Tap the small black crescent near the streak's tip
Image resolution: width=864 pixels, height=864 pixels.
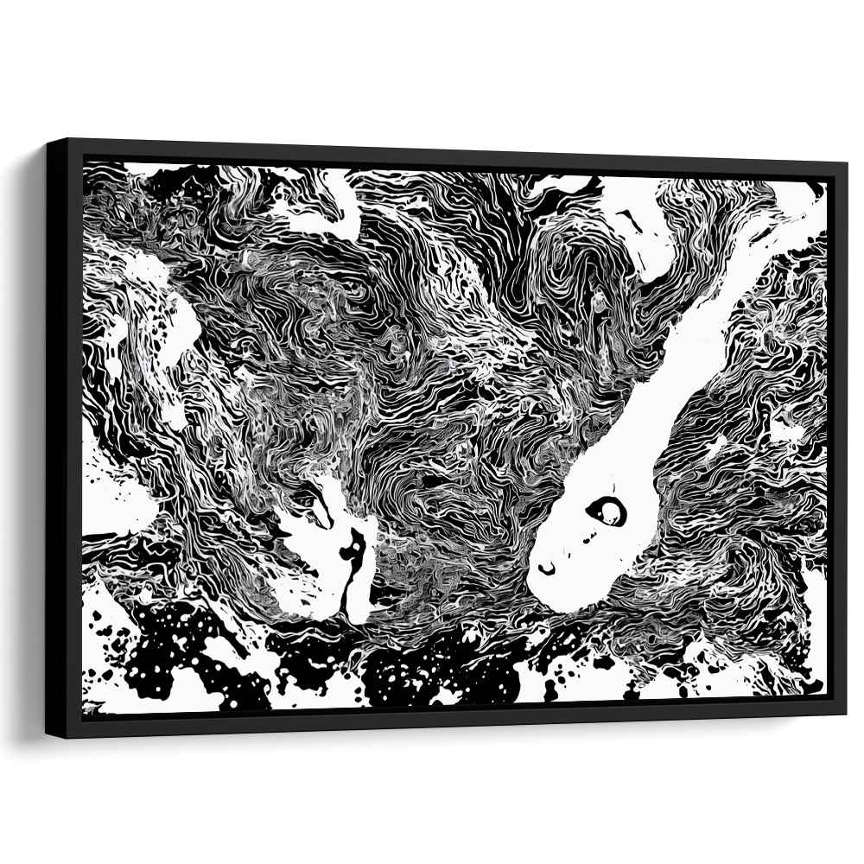click(547, 568)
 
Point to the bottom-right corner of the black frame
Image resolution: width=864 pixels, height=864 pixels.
click(845, 714)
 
